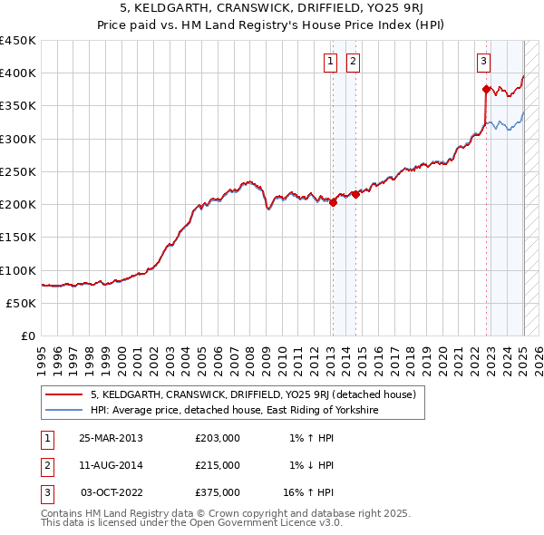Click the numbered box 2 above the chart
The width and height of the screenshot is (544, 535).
[352, 62]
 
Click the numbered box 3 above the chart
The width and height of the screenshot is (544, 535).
[483, 62]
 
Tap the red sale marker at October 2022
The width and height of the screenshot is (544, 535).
[486, 89]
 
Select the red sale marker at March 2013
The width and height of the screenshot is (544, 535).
[333, 202]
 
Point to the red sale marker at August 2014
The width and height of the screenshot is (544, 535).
[355, 194]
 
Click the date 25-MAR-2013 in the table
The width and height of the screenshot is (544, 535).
[111, 438]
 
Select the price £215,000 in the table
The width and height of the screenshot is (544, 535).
[218, 465]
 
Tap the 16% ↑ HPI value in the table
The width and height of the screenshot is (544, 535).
[308, 492]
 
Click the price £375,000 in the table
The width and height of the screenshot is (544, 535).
[218, 492]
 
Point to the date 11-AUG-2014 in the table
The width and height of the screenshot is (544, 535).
[111, 465]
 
